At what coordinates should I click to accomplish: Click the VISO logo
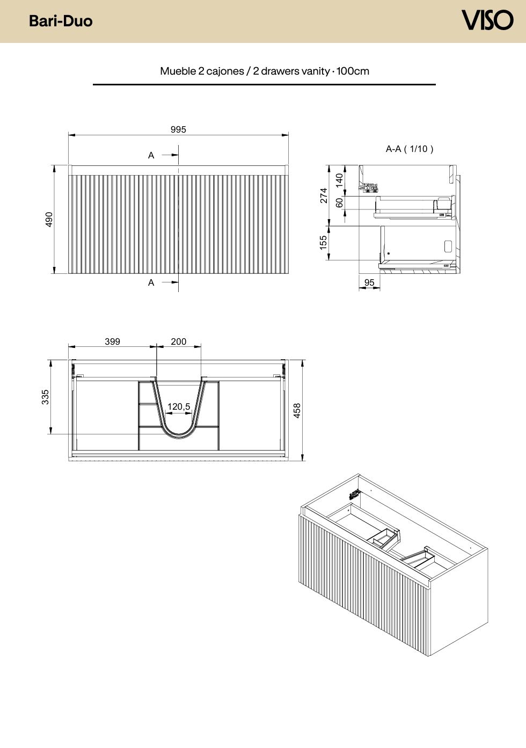coord(487,20)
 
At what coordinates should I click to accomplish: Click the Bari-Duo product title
coord(61,21)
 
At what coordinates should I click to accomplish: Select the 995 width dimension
coord(178,129)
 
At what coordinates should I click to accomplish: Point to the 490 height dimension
coord(49,220)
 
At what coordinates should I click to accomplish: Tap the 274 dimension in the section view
coord(324,195)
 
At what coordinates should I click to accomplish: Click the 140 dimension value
coord(339,180)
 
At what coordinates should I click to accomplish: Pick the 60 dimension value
coord(339,202)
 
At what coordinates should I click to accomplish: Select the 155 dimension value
coord(323,243)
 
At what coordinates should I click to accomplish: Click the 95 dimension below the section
coord(369,282)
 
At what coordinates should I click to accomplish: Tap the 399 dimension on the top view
coord(112,342)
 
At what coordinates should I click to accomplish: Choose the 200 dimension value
coord(179,342)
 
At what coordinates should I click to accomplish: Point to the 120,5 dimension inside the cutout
coord(179,406)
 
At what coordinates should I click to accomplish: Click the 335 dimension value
coord(45,397)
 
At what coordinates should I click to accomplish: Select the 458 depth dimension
coord(297,410)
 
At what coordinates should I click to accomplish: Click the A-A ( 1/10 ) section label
coord(410,149)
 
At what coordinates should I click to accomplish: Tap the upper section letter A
coord(151,155)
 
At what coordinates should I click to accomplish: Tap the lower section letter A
coord(151,283)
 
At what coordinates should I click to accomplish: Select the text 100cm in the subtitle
coord(353,71)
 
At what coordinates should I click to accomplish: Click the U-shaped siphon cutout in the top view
coord(179,434)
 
